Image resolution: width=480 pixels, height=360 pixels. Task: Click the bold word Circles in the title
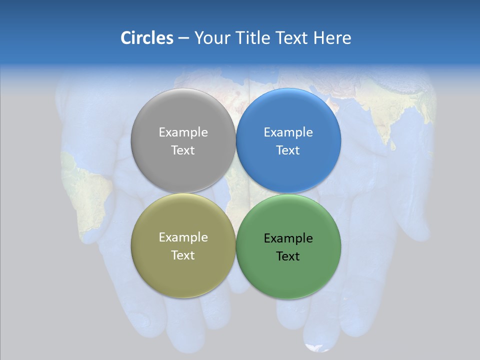pos(146,38)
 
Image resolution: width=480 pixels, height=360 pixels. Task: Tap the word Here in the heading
pos(332,38)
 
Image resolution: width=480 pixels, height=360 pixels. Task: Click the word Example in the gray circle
pos(183,132)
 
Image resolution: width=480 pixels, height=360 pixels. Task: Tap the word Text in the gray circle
pos(183,150)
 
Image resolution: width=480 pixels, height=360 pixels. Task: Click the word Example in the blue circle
pos(288,132)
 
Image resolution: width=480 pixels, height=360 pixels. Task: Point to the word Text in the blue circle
pos(288,150)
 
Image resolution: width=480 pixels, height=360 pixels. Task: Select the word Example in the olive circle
pos(183,237)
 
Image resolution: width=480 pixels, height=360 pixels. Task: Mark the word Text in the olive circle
pos(183,255)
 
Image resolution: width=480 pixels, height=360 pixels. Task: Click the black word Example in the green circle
pos(288,238)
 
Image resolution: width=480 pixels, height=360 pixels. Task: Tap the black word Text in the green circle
pos(288,256)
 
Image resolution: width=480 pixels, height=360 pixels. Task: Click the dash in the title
pos(183,38)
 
